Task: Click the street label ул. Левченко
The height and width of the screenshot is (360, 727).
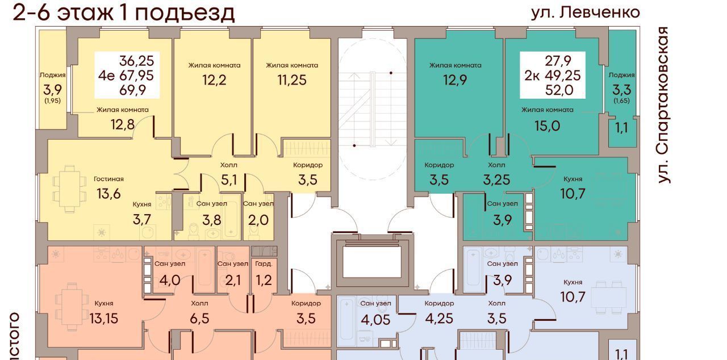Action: (585, 13)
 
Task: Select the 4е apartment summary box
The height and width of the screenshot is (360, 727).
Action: (127, 75)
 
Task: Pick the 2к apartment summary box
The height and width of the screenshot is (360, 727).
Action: (553, 75)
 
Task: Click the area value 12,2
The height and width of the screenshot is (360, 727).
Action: (214, 80)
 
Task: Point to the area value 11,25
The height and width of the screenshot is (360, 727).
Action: (292, 80)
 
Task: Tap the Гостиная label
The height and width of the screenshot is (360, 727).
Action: (108, 179)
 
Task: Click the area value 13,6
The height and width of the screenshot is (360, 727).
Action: (108, 194)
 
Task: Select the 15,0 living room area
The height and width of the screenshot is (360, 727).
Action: (547, 126)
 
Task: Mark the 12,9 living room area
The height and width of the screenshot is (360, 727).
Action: (455, 80)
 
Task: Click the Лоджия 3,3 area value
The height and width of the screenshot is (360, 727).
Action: (621, 89)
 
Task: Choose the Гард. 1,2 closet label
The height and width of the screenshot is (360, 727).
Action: (264, 273)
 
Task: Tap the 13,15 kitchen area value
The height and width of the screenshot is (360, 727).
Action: (104, 319)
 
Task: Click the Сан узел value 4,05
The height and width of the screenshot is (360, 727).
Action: (375, 320)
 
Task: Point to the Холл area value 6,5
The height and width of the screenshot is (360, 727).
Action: (199, 319)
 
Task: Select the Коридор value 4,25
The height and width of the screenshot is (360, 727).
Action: (439, 319)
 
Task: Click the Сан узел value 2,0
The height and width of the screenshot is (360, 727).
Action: (258, 220)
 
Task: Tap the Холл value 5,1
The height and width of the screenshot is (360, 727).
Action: (229, 179)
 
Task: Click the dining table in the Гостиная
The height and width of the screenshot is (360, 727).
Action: (69, 189)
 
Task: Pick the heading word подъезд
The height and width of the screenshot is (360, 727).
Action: (185, 14)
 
